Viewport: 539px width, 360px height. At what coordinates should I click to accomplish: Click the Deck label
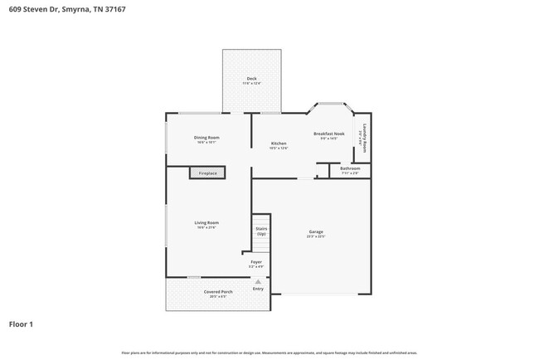(x=251, y=79)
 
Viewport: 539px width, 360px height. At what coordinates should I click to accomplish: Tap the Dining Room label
(x=206, y=138)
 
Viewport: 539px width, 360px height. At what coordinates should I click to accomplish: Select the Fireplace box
(x=206, y=173)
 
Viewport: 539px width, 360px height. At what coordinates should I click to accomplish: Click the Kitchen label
(x=279, y=144)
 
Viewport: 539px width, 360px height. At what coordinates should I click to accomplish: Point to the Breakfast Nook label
(x=328, y=134)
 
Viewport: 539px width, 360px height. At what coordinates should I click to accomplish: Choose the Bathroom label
(x=350, y=168)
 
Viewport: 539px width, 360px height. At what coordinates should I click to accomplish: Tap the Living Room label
(x=206, y=222)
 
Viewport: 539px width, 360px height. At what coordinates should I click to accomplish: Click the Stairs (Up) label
(x=261, y=231)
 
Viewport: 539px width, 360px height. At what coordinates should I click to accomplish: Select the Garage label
(x=315, y=232)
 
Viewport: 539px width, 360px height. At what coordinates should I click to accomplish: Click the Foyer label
(x=257, y=262)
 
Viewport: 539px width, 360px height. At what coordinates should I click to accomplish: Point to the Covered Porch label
(x=218, y=292)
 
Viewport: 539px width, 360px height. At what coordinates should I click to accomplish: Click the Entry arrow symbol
(x=258, y=281)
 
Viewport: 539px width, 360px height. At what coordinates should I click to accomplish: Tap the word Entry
(x=258, y=289)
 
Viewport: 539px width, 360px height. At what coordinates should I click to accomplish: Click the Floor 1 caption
(x=21, y=324)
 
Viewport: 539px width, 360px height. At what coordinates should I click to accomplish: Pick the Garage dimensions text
(x=315, y=237)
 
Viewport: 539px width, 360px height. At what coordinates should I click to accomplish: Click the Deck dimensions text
(x=251, y=84)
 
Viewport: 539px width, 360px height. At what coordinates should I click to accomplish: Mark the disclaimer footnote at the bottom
(x=269, y=353)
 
